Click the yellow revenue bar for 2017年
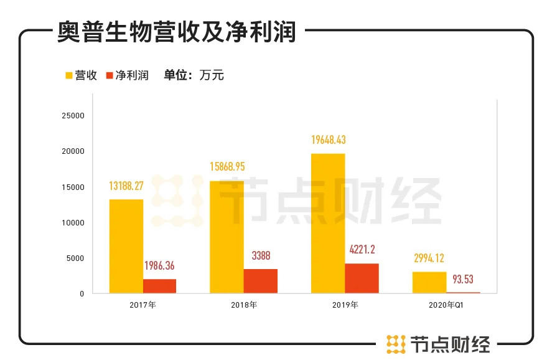coord(126,246)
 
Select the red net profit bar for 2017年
coord(159,286)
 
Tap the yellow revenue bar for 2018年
coord(227,237)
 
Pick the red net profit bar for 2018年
coord(260,281)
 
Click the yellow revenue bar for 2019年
coord(328,223)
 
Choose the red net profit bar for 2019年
coord(362,278)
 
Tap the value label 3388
coord(260,255)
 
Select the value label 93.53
coord(462,279)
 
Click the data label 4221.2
coord(362,250)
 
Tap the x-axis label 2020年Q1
coord(446,305)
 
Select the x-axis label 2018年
coord(243,305)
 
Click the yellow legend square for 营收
coord(69,76)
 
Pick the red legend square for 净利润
coord(110,76)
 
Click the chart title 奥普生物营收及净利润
coord(177,31)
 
